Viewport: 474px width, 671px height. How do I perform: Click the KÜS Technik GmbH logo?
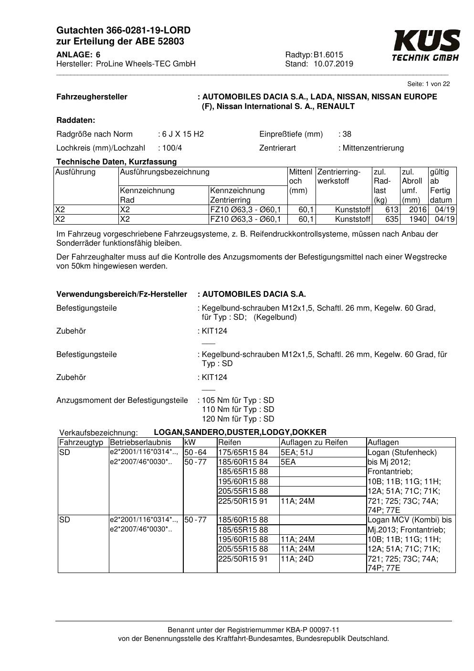tap(426, 45)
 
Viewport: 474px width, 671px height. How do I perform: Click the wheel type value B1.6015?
tap(328, 54)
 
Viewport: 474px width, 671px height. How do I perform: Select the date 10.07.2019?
tap(333, 64)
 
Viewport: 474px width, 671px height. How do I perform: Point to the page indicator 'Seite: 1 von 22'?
tap(428, 84)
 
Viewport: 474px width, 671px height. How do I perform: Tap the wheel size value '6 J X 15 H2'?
tap(182, 134)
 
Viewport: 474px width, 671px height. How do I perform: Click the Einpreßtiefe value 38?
tap(347, 134)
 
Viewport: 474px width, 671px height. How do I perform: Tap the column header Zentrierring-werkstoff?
tap(339, 176)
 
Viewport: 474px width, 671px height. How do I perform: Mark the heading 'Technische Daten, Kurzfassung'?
tap(116, 162)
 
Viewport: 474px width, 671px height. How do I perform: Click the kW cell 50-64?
tap(195, 453)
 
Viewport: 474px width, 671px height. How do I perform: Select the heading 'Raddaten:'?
tap(75, 120)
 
